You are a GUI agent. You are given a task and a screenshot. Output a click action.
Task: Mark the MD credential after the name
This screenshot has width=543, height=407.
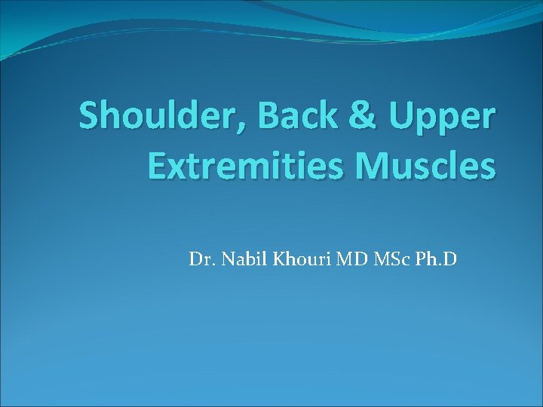point(340,261)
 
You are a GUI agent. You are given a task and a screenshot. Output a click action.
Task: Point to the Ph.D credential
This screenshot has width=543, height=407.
point(433,261)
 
